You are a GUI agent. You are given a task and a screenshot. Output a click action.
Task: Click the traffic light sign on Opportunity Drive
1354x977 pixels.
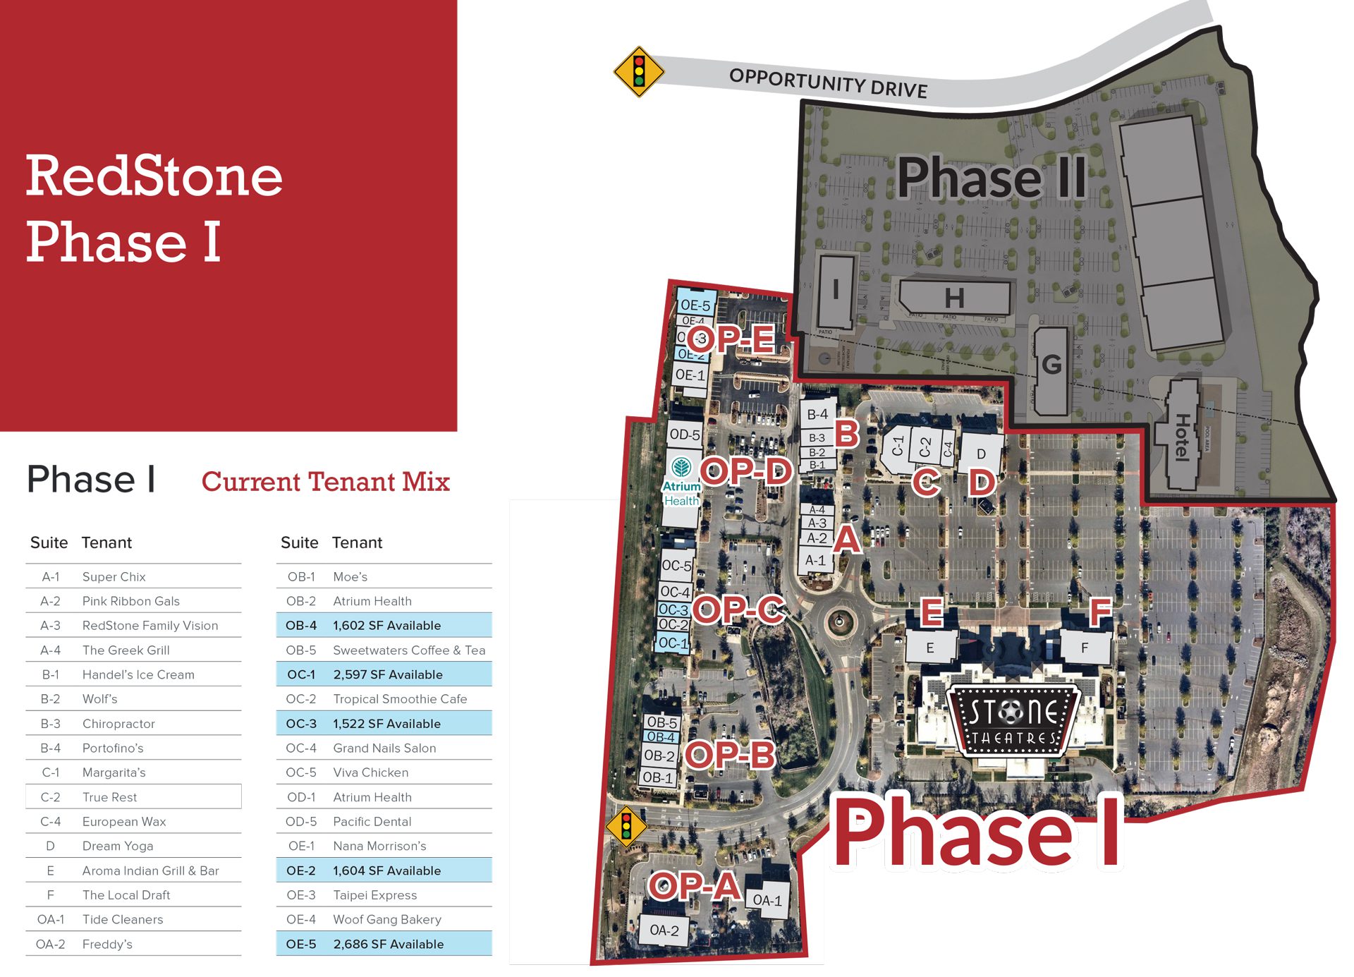(639, 72)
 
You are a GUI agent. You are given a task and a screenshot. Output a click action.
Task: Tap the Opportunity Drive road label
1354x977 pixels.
(828, 83)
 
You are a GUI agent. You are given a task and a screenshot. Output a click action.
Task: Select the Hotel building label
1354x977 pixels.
(1182, 437)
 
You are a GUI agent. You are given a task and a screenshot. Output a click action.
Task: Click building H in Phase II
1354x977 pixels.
(954, 298)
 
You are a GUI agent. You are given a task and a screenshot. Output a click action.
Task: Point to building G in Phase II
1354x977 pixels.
(1051, 365)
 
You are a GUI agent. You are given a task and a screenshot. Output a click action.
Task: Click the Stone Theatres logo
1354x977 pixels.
(1013, 720)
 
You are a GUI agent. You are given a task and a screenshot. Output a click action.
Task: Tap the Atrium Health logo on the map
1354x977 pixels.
(681, 483)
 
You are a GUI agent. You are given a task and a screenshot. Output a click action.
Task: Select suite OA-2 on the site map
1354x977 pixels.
(664, 930)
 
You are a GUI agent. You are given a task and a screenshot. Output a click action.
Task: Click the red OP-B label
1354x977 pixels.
(730, 755)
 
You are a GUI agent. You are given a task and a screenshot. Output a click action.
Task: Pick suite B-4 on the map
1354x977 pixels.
(817, 415)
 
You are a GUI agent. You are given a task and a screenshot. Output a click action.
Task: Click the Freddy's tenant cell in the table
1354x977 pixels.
(107, 944)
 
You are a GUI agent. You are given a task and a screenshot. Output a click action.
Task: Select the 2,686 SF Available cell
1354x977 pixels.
(388, 944)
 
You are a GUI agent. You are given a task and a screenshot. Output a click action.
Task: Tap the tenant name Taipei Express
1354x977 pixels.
(374, 895)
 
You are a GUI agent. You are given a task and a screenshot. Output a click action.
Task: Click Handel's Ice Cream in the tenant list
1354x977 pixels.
(138, 674)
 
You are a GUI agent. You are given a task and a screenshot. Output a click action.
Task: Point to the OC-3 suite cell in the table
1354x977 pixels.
(301, 724)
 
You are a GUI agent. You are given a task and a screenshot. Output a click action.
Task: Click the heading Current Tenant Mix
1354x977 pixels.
(325, 482)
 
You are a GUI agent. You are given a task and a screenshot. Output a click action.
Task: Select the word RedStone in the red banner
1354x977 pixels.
(154, 176)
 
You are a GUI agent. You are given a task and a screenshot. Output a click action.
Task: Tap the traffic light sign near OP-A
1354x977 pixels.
(626, 826)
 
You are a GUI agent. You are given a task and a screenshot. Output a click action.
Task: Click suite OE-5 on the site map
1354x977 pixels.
(695, 305)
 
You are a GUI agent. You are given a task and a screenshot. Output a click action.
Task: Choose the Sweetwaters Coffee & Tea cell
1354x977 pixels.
(409, 650)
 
